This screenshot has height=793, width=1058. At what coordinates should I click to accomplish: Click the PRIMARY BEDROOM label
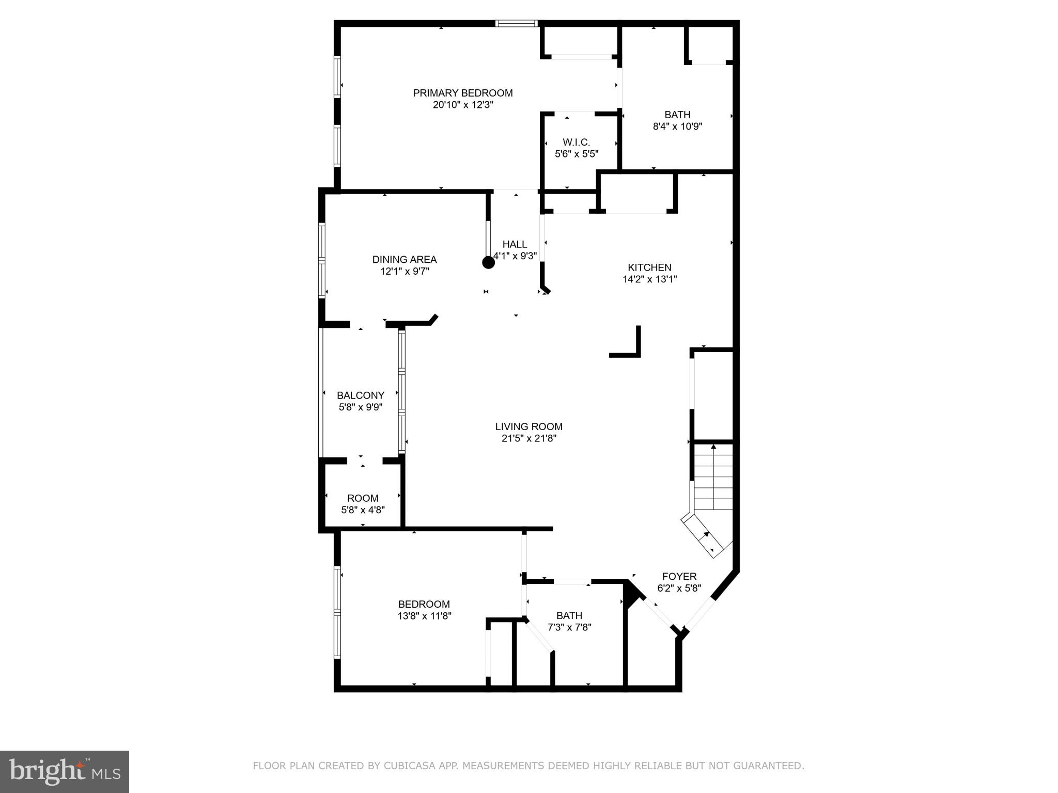[462, 93]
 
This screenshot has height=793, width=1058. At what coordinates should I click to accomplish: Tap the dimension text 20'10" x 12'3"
[463, 105]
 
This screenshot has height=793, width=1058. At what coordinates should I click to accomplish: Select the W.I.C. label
[576, 142]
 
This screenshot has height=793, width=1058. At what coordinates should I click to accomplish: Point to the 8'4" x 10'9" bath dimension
[677, 126]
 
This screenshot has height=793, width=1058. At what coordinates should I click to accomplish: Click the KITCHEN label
[649, 267]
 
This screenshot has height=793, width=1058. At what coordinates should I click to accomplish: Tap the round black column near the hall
[488, 262]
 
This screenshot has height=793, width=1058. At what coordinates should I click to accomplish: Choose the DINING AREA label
[404, 260]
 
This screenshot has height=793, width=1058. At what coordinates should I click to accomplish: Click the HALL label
[515, 244]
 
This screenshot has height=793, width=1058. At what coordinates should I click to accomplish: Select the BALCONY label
[361, 395]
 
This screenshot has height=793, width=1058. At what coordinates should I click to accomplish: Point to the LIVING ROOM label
[528, 426]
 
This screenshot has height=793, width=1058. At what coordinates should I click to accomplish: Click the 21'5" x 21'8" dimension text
[528, 438]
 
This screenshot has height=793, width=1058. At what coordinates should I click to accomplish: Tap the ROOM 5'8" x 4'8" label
[363, 498]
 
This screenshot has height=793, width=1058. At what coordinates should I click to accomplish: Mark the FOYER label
[679, 576]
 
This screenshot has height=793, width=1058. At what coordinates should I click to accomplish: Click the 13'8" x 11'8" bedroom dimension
[424, 616]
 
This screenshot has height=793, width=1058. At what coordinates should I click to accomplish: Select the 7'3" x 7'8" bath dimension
[569, 627]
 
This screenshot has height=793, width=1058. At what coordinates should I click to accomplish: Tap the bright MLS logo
[65, 771]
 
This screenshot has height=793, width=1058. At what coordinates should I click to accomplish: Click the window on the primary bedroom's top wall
[516, 23]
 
